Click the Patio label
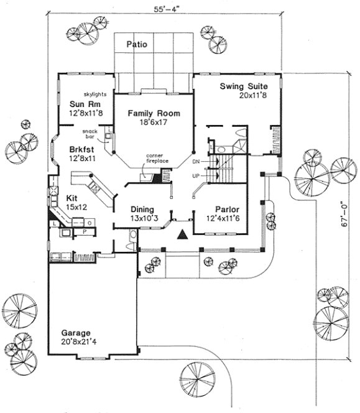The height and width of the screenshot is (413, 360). pos(136,44)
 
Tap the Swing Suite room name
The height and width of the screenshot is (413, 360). pos(244,86)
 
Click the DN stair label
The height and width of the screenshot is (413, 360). pos(197,162)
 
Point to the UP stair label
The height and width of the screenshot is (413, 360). pos(197,175)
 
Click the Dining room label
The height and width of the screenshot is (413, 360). pos(142,209)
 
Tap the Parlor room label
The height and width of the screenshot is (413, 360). pos(228,209)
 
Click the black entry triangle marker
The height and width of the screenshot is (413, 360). pos(182,234)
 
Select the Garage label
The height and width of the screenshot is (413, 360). pos(75,332)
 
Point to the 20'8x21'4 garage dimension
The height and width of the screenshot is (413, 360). pos(75,341)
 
